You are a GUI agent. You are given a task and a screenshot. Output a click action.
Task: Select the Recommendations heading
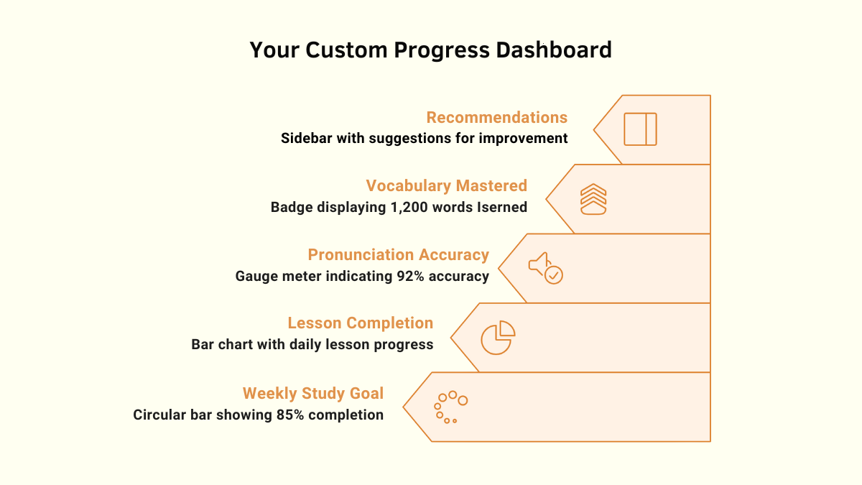496,117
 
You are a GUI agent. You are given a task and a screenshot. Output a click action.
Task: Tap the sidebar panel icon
640,129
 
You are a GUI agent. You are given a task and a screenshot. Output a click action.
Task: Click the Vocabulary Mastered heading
446,185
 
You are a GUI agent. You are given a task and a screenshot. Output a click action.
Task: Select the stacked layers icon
593,199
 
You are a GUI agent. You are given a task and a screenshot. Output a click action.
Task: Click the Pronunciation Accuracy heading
398,254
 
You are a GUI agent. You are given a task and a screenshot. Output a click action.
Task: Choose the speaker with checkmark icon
545,267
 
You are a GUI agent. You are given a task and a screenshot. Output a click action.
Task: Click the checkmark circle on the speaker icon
554,275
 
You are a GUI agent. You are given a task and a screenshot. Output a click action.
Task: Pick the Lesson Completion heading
360,323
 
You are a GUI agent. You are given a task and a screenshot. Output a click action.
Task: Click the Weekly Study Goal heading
312,393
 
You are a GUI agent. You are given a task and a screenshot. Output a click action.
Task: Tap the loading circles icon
450,407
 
